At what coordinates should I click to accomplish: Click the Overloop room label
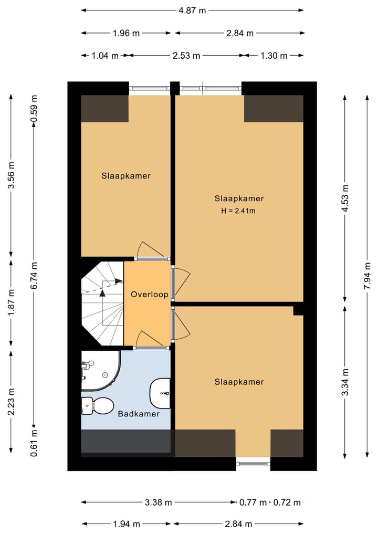point(150,295)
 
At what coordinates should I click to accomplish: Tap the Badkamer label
point(139,414)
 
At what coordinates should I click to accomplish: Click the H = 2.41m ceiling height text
point(238,211)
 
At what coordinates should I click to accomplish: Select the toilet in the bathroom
point(98,406)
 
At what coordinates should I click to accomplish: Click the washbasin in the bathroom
point(160,393)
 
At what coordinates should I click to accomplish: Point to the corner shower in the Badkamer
point(101,371)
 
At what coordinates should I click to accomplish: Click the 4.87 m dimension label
point(192,11)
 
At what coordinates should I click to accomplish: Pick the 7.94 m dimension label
point(367,276)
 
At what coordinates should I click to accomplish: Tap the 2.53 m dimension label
point(186,56)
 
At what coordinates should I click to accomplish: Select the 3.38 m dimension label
point(159,502)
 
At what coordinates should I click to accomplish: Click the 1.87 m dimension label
point(11,302)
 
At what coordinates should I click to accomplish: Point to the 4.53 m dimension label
point(345,198)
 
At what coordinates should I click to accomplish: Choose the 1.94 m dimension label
point(127,524)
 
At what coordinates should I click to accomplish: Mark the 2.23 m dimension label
point(11,402)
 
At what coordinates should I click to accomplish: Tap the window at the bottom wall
point(253,464)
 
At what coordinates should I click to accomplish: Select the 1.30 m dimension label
point(274,56)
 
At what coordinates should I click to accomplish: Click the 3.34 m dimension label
point(345,382)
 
